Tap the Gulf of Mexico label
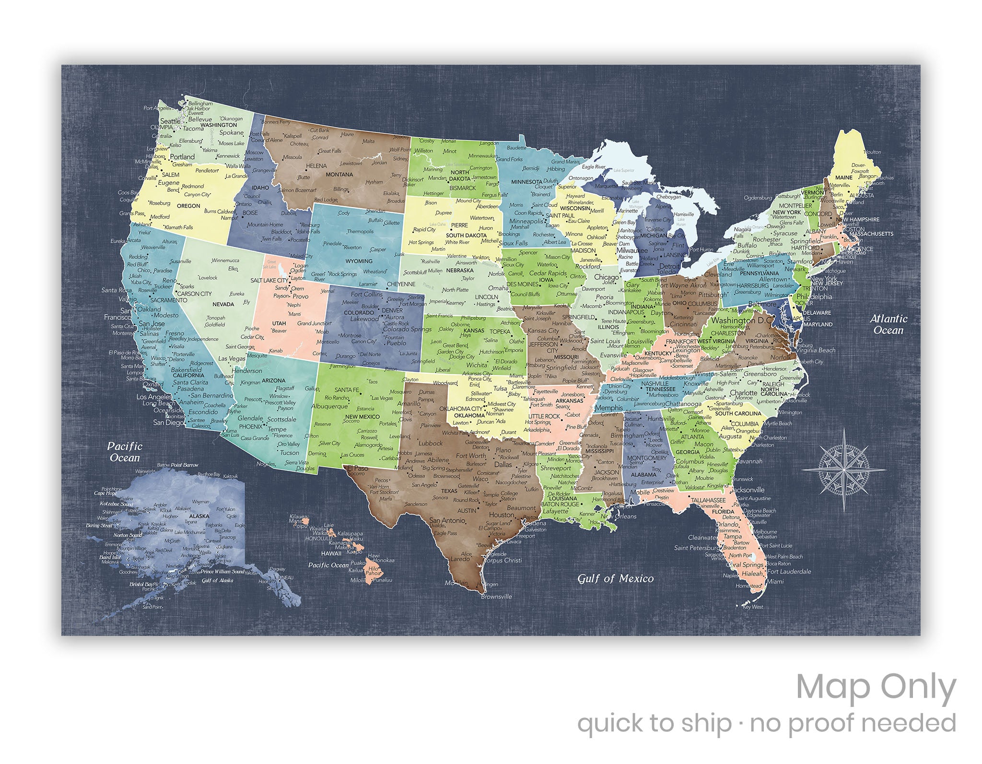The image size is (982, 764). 615,578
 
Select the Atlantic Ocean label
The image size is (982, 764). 888,324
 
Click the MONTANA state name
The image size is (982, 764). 339,175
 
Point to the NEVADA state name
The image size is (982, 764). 223,304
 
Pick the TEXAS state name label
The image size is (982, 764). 449,491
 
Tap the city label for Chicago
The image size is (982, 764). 607,277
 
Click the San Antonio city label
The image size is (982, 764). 447,520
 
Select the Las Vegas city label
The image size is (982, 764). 232,358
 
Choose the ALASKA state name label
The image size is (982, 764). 199,516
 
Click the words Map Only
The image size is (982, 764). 876,689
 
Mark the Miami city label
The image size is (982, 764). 775,581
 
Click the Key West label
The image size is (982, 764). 752,607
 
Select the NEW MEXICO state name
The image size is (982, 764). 362,417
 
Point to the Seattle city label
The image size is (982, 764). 170,121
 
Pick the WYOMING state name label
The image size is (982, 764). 359,261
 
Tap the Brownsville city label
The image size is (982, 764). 496,597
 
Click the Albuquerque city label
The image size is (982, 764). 329,406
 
